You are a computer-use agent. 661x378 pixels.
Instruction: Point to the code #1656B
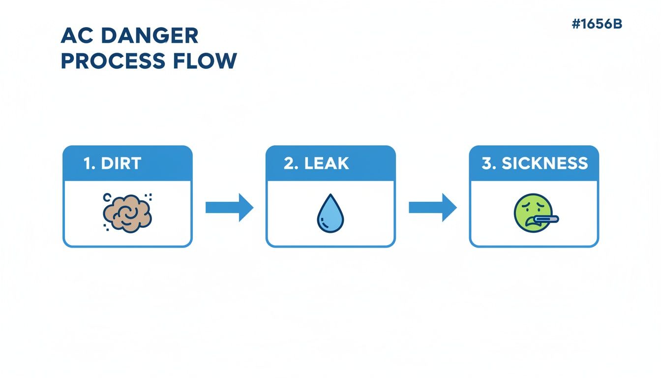pyautogui.click(x=597, y=24)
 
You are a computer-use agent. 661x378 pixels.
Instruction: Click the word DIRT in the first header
pyautogui.click(x=121, y=164)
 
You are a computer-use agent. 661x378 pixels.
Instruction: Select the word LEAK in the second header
pyautogui.click(x=327, y=164)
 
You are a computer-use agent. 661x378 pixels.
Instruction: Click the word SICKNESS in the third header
pyautogui.click(x=544, y=164)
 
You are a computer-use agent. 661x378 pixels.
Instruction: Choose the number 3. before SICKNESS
pyautogui.click(x=489, y=164)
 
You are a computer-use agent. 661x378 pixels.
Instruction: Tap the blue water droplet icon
pyautogui.click(x=330, y=215)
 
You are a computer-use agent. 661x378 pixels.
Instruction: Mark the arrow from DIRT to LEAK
pyautogui.click(x=229, y=207)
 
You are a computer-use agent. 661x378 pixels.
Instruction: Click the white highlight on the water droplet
pyautogui.click(x=323, y=218)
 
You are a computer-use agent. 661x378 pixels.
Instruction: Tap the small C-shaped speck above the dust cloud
pyautogui.click(x=107, y=197)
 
